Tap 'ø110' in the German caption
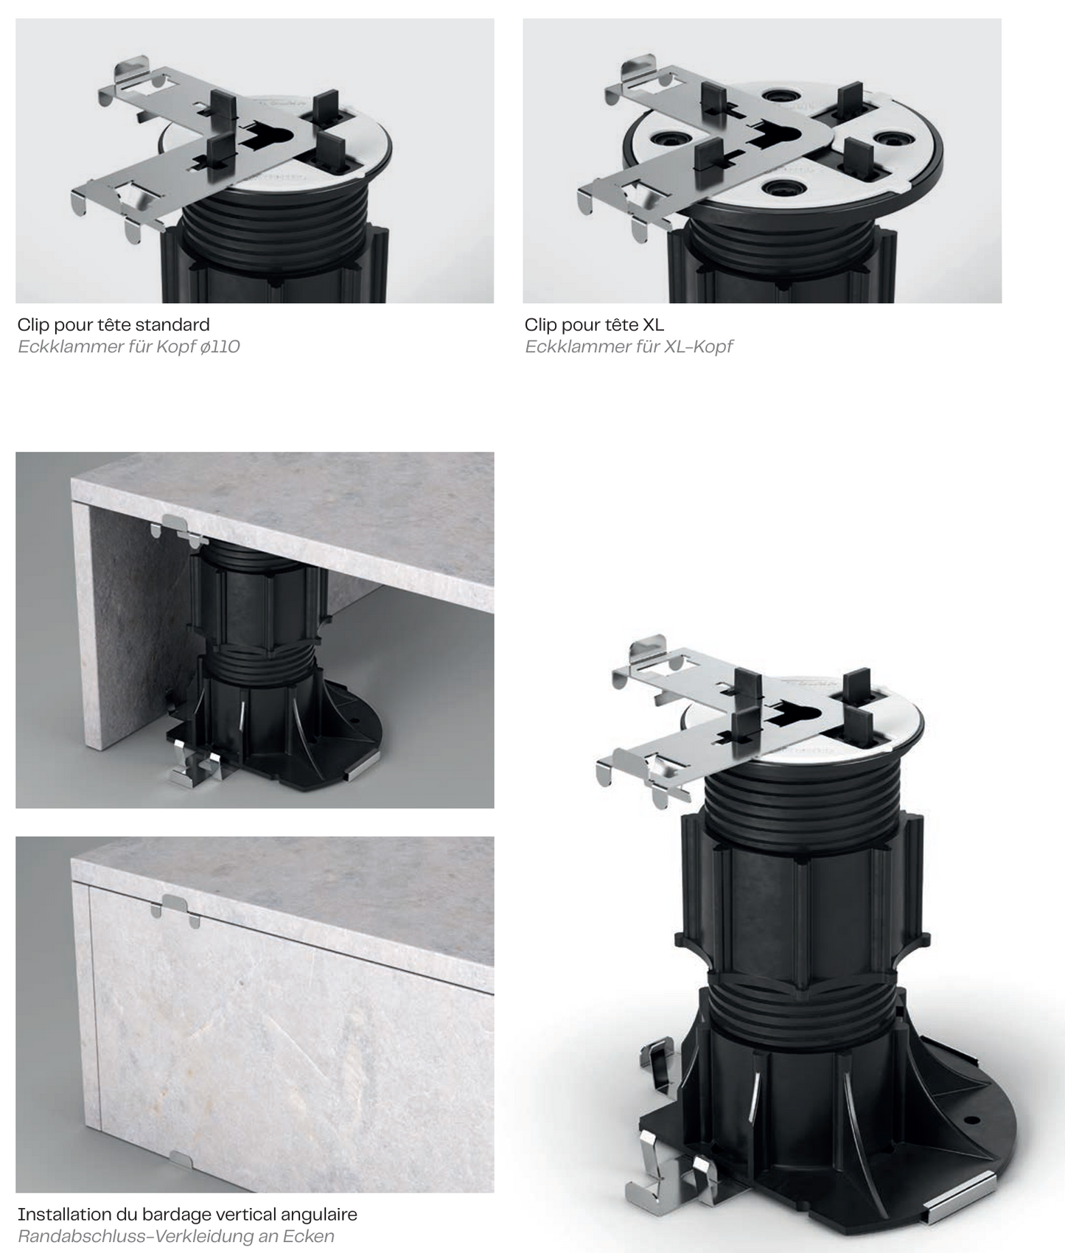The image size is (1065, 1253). [220, 346]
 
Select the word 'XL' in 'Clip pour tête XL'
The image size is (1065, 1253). [653, 324]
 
